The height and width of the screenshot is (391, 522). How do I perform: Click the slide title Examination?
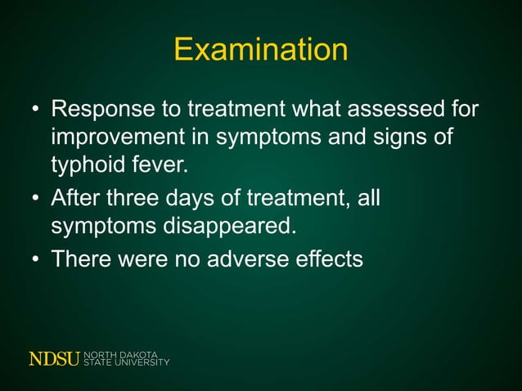coord(261,51)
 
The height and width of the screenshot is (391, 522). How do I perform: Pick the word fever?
coord(161,168)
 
